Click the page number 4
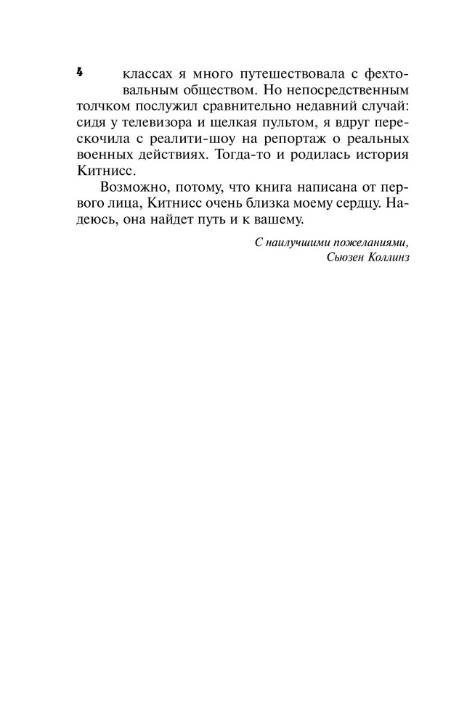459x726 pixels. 79,72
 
